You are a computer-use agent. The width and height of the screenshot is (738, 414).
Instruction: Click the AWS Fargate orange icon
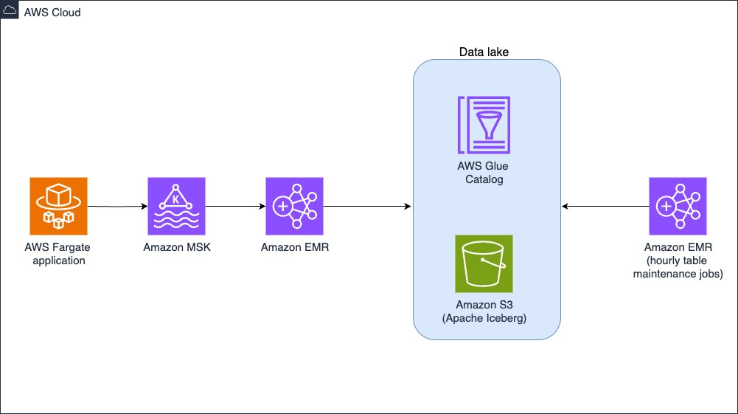(59, 206)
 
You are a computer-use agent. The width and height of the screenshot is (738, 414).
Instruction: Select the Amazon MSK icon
(177, 206)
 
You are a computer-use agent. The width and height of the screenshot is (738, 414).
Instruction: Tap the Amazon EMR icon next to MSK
(294, 206)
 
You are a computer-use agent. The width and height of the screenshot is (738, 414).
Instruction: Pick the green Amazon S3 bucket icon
(484, 264)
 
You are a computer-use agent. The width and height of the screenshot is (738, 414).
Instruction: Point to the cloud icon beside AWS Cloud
(12, 12)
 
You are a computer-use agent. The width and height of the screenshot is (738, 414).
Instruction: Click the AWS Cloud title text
(52, 13)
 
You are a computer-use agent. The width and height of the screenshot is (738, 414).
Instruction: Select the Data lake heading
(484, 52)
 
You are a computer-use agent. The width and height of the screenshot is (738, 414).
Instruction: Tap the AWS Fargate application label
(59, 254)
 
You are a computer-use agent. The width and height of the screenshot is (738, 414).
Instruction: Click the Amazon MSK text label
(177, 247)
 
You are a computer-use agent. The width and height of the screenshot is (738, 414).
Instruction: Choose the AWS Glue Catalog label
(484, 173)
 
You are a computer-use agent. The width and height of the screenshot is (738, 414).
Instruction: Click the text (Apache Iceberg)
(484, 318)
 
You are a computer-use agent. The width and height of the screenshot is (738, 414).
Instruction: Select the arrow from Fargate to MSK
(117, 207)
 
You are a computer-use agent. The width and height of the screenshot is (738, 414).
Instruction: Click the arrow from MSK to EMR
(235, 207)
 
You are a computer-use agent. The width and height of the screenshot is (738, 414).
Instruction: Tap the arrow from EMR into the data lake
(367, 207)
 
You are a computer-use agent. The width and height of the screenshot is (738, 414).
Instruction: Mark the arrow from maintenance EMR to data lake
(605, 207)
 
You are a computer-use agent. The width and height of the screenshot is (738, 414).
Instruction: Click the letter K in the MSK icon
(176, 199)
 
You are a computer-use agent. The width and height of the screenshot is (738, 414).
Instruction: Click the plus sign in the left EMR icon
(282, 207)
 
